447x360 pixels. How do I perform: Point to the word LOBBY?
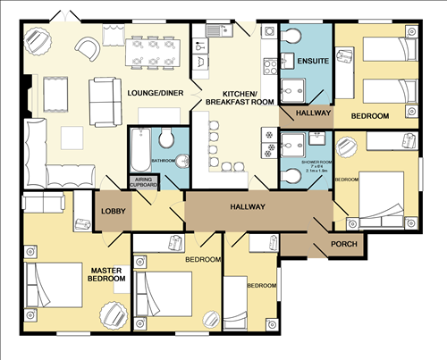[x=114, y=211]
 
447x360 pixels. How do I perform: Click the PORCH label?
[x=345, y=243]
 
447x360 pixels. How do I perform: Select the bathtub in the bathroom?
[x=139, y=149]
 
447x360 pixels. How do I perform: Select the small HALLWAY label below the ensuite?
[x=306, y=114]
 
